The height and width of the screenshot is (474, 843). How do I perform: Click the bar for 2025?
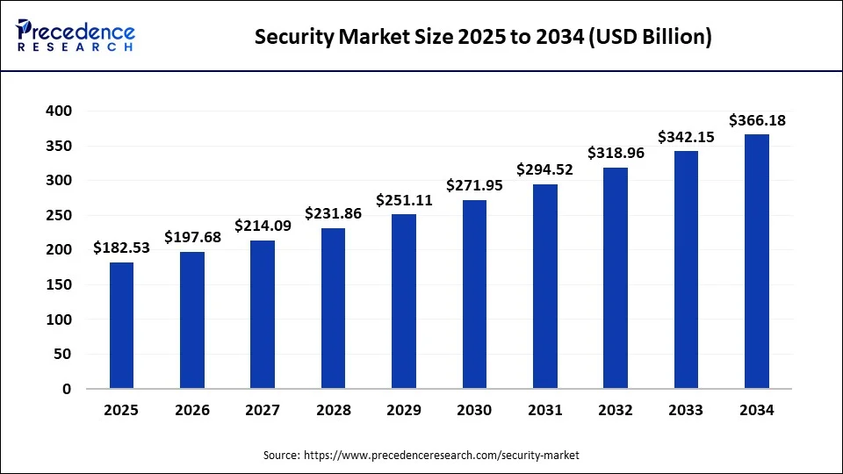(121, 325)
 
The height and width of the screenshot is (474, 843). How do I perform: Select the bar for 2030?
(474, 294)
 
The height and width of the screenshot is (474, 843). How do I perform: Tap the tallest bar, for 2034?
(756, 261)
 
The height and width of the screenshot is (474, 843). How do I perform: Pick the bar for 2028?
(333, 308)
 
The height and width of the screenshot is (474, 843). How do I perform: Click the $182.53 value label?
(121, 248)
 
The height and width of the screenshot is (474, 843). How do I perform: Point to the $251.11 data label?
(403, 200)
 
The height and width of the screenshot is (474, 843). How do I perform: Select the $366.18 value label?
(756, 120)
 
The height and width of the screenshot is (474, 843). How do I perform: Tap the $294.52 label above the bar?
(544, 169)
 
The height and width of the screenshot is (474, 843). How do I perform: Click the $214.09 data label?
(263, 226)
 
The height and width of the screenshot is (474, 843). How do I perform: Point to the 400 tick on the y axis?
(60, 111)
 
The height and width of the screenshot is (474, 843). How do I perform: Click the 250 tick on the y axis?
(60, 216)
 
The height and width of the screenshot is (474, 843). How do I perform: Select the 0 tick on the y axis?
(67, 389)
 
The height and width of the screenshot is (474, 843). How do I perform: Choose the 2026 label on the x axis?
(192, 410)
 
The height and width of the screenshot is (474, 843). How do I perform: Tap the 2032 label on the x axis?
(616, 410)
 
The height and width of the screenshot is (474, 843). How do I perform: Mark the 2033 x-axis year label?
(686, 410)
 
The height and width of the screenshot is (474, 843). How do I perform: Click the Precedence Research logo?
(76, 36)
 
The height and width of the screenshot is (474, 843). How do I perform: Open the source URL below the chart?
(441, 456)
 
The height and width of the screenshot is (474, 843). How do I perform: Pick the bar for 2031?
(544, 286)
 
